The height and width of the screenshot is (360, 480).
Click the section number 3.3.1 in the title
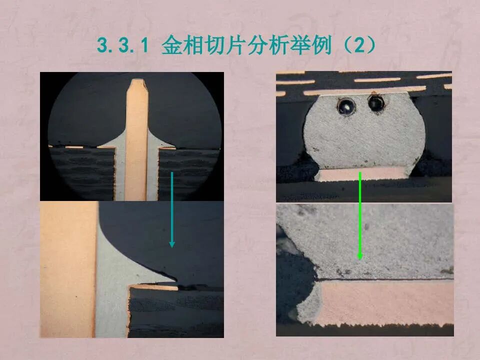(123, 46)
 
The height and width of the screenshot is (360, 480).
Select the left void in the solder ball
(345, 105)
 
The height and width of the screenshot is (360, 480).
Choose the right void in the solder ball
(375, 103)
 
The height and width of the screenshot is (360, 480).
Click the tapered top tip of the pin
(136, 85)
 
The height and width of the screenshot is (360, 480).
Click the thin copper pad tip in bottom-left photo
(155, 287)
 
